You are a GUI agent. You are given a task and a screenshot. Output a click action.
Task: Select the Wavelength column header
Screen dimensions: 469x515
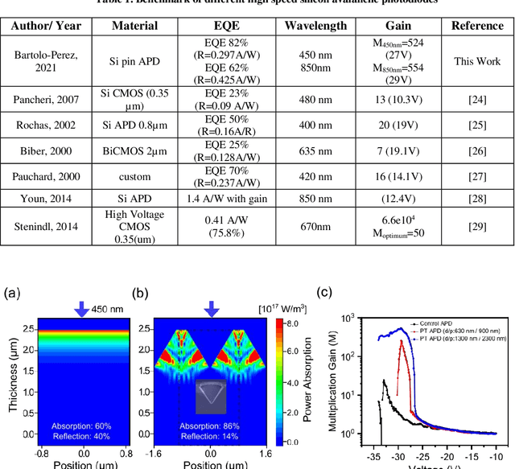tap(315, 25)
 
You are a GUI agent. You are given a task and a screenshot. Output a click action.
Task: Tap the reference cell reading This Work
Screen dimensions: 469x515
tap(477, 61)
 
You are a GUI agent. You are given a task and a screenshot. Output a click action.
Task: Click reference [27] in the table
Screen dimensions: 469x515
tap(477, 176)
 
